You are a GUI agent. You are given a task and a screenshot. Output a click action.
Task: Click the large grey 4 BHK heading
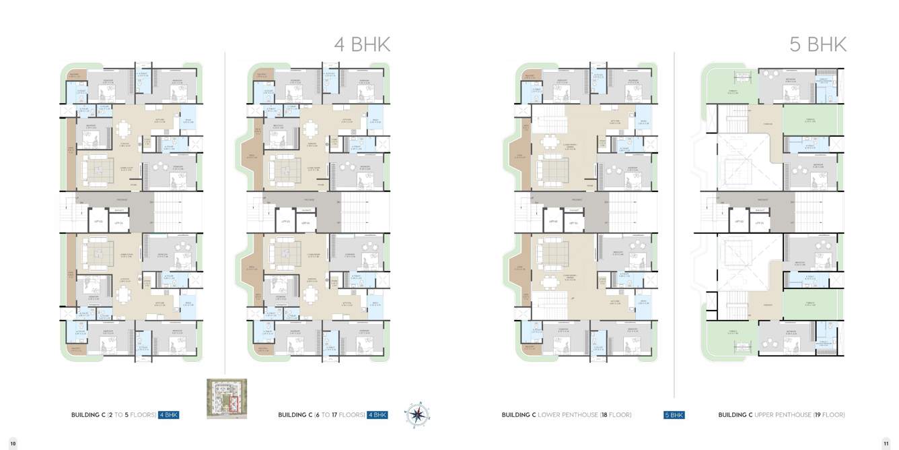click(x=362, y=44)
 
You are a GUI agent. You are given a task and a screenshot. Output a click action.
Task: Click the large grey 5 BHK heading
click(x=818, y=44)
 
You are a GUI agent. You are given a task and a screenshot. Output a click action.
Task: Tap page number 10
click(x=13, y=443)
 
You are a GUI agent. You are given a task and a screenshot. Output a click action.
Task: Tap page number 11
click(x=886, y=443)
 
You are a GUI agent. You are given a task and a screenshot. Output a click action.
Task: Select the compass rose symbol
click(x=417, y=414)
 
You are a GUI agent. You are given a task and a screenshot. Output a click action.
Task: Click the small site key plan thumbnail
click(x=227, y=399)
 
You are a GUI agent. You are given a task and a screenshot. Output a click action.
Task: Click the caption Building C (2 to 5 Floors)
click(x=113, y=415)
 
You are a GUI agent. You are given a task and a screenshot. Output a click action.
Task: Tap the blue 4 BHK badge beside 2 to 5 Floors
click(x=169, y=415)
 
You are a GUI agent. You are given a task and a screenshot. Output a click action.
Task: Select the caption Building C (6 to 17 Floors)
click(x=321, y=415)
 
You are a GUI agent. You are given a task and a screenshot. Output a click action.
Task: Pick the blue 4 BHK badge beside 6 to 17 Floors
click(x=377, y=415)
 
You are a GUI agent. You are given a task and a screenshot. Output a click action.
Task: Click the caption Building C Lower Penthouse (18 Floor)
click(x=566, y=415)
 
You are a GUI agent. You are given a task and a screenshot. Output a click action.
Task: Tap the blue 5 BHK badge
click(x=674, y=415)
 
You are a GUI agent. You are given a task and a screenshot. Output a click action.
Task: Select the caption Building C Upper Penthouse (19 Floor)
click(x=781, y=415)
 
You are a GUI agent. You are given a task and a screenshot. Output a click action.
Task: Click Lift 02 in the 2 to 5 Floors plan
click(x=98, y=221)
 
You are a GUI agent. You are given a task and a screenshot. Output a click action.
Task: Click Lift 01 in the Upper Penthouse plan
click(x=758, y=221)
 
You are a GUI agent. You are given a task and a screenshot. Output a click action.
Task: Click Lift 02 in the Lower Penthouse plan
click(x=552, y=221)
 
